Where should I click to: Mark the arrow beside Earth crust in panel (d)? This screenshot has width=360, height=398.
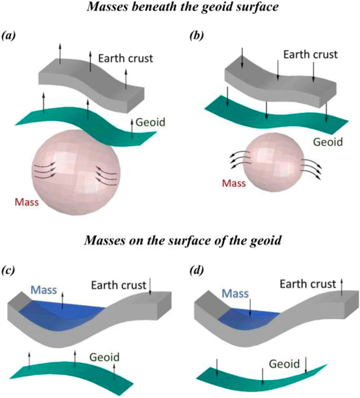(x=343, y=287)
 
